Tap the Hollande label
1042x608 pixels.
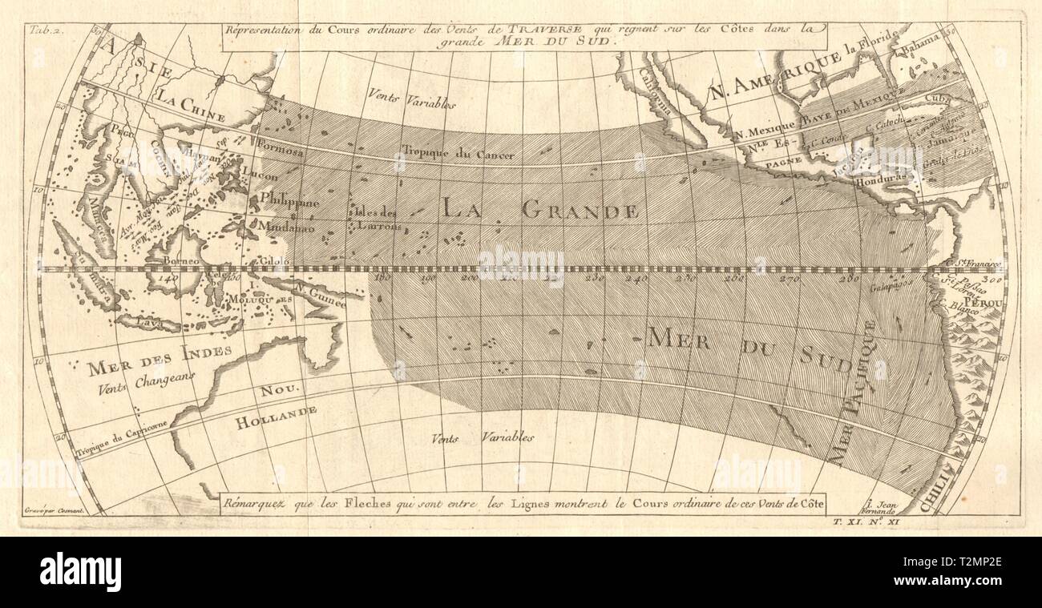(x=276, y=417)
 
